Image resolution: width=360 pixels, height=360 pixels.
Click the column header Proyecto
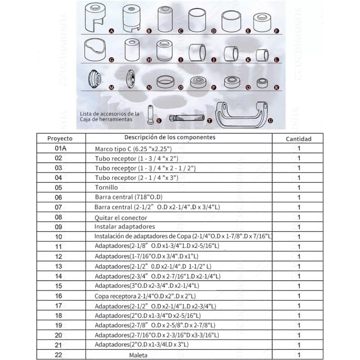click(60, 138)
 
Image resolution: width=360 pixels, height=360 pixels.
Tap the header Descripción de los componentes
click(170, 137)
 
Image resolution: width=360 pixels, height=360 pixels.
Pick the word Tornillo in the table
click(106, 187)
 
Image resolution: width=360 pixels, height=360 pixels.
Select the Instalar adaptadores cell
click(125, 226)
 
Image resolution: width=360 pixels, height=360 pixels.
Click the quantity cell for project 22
click(298, 355)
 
